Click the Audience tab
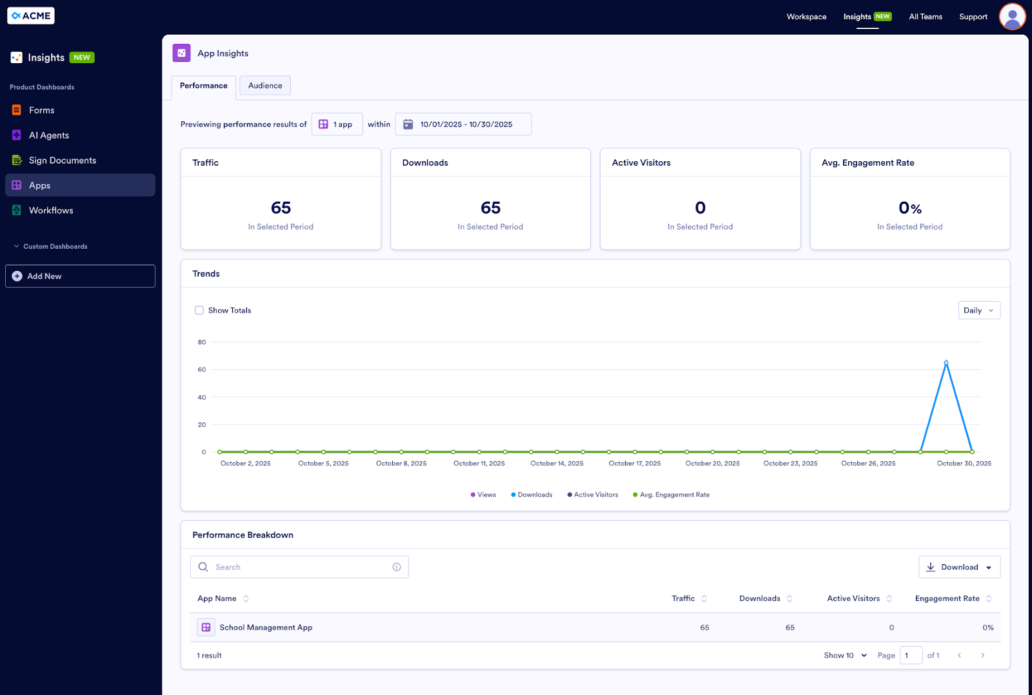pos(265,86)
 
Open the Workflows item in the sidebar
pos(51,210)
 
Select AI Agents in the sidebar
pos(49,135)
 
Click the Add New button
pos(80,276)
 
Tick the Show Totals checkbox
pos(199,310)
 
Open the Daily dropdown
pos(978,310)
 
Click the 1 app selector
pos(337,124)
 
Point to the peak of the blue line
pos(946,363)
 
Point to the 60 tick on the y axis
pos(202,370)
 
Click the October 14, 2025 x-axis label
pos(557,464)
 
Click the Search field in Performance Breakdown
pos(299,567)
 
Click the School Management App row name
pos(266,627)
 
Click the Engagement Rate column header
pos(947,599)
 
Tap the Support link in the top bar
pos(973,17)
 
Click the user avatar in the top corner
pos(1012,17)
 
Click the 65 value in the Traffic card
pos(281,208)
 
